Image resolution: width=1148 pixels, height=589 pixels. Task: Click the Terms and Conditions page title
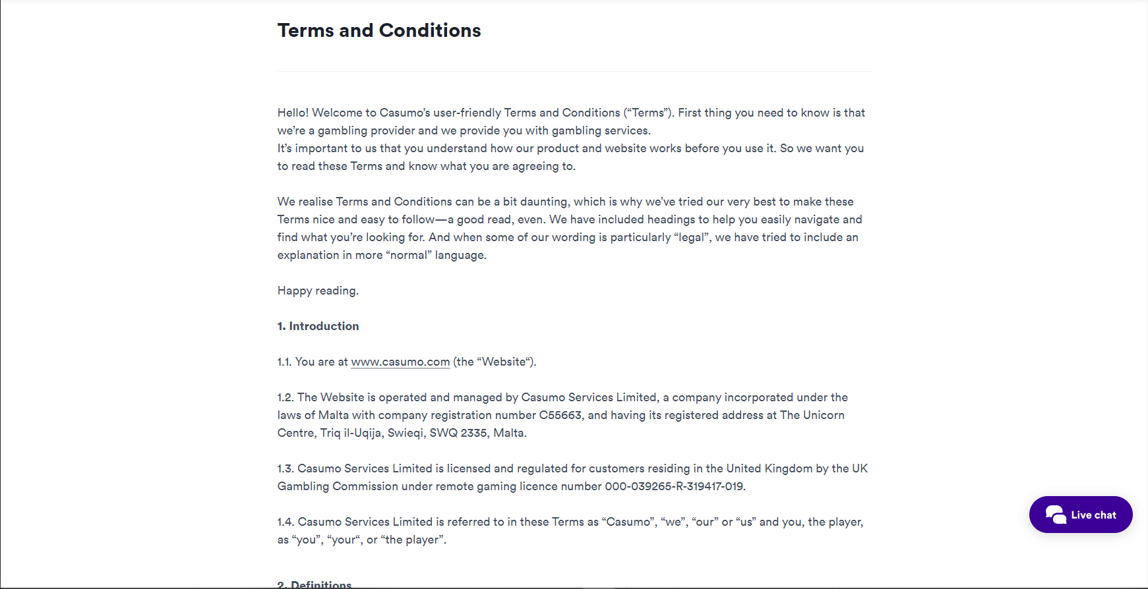coord(379,30)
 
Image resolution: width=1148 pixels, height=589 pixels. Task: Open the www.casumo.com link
coord(400,362)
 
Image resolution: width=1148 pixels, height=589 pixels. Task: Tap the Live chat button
coord(1081,515)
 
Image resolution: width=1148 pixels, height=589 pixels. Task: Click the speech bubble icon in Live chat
coord(1056,515)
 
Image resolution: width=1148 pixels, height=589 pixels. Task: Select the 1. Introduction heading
coord(318,326)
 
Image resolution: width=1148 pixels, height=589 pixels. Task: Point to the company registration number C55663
coord(560,415)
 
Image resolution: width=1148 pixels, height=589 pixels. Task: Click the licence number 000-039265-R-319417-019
coord(675,486)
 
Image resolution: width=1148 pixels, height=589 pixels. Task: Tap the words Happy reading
coord(318,291)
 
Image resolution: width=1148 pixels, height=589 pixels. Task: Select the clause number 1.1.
coord(284,362)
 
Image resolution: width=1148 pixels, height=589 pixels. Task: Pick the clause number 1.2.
coord(286,397)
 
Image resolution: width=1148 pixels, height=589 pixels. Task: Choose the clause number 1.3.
coord(286,468)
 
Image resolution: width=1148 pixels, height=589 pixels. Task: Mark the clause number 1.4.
coord(286,522)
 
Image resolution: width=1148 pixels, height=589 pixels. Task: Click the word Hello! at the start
coord(293,113)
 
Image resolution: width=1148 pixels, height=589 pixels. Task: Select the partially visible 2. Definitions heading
coord(315,584)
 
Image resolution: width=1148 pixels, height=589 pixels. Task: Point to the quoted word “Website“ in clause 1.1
coord(504,362)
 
